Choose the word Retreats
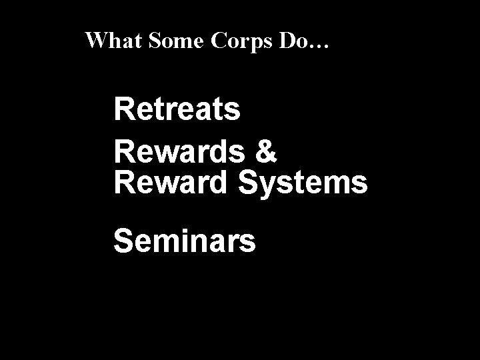coord(177,110)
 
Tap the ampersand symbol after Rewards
coord(265,153)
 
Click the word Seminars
coord(184,241)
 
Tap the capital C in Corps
coord(220,42)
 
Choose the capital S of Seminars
coord(124,241)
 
